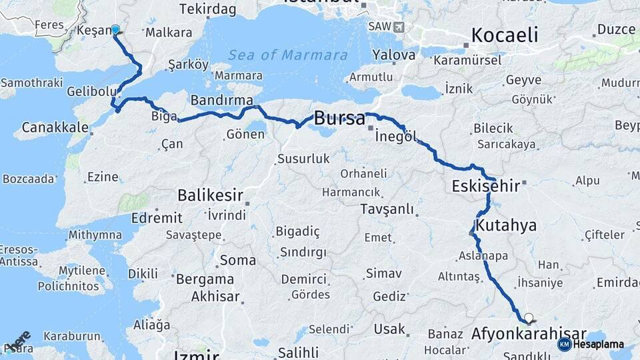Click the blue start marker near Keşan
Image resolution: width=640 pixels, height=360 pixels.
point(115,29)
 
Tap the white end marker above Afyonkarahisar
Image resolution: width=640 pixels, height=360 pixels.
point(529,318)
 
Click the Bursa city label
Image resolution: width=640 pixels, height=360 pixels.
point(339,119)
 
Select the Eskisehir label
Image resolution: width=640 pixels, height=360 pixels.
point(485,186)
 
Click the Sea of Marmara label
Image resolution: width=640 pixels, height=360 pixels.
point(287,55)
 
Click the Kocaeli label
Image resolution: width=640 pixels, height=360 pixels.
point(505,35)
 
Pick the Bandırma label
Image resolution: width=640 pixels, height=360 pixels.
point(222,100)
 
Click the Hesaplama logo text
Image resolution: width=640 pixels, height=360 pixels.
point(598,344)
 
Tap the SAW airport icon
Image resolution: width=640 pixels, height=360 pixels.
point(399,27)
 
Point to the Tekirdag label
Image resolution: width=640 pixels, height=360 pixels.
point(209,9)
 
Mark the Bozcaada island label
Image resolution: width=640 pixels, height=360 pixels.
point(28,179)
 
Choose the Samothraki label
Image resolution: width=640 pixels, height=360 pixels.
point(32,83)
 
